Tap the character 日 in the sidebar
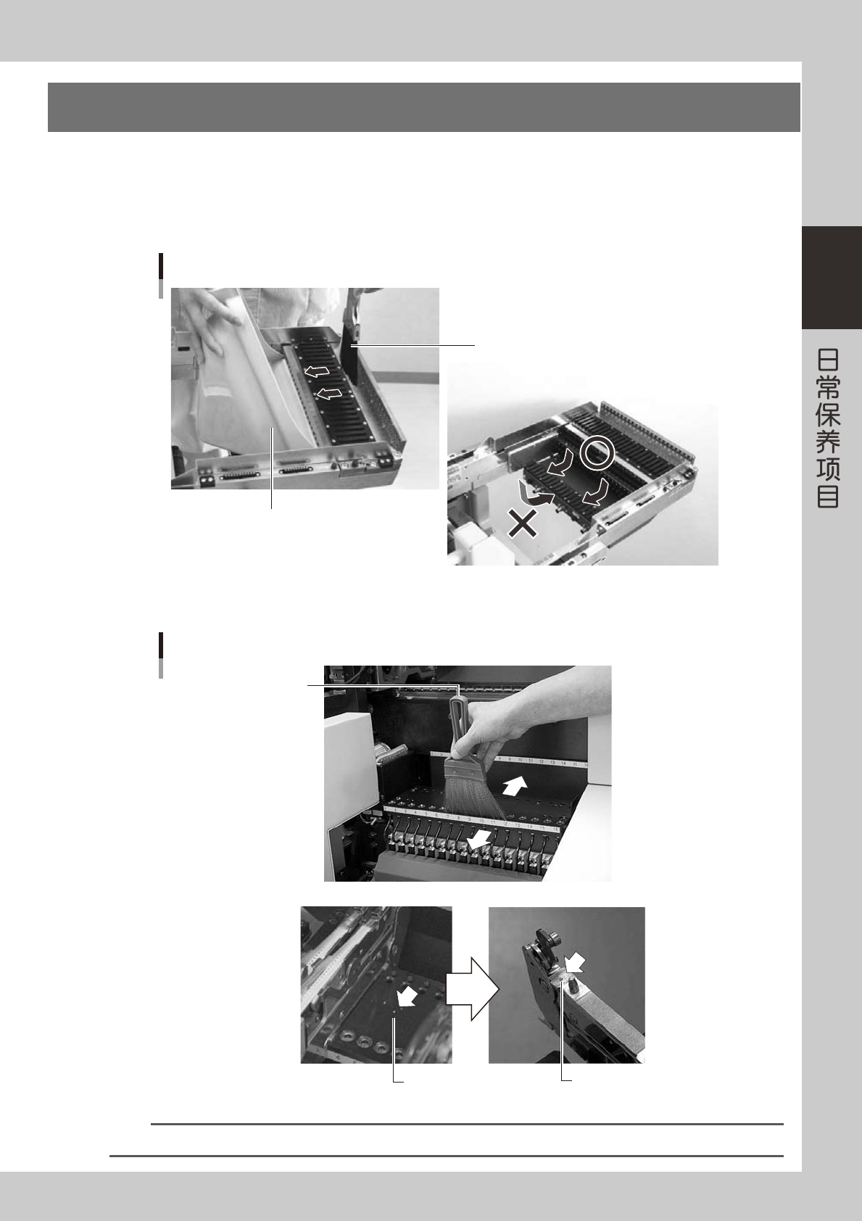tap(828, 360)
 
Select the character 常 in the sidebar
tap(828, 387)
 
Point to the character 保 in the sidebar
tap(828, 414)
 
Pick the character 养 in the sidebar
tap(828, 442)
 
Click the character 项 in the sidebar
tap(828, 469)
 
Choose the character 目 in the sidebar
tap(828, 496)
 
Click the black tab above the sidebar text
tap(832, 278)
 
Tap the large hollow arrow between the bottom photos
tap(472, 989)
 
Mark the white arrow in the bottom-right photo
tap(576, 964)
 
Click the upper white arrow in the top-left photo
tap(316, 371)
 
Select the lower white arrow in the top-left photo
tap(329, 393)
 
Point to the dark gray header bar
tap(424, 107)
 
